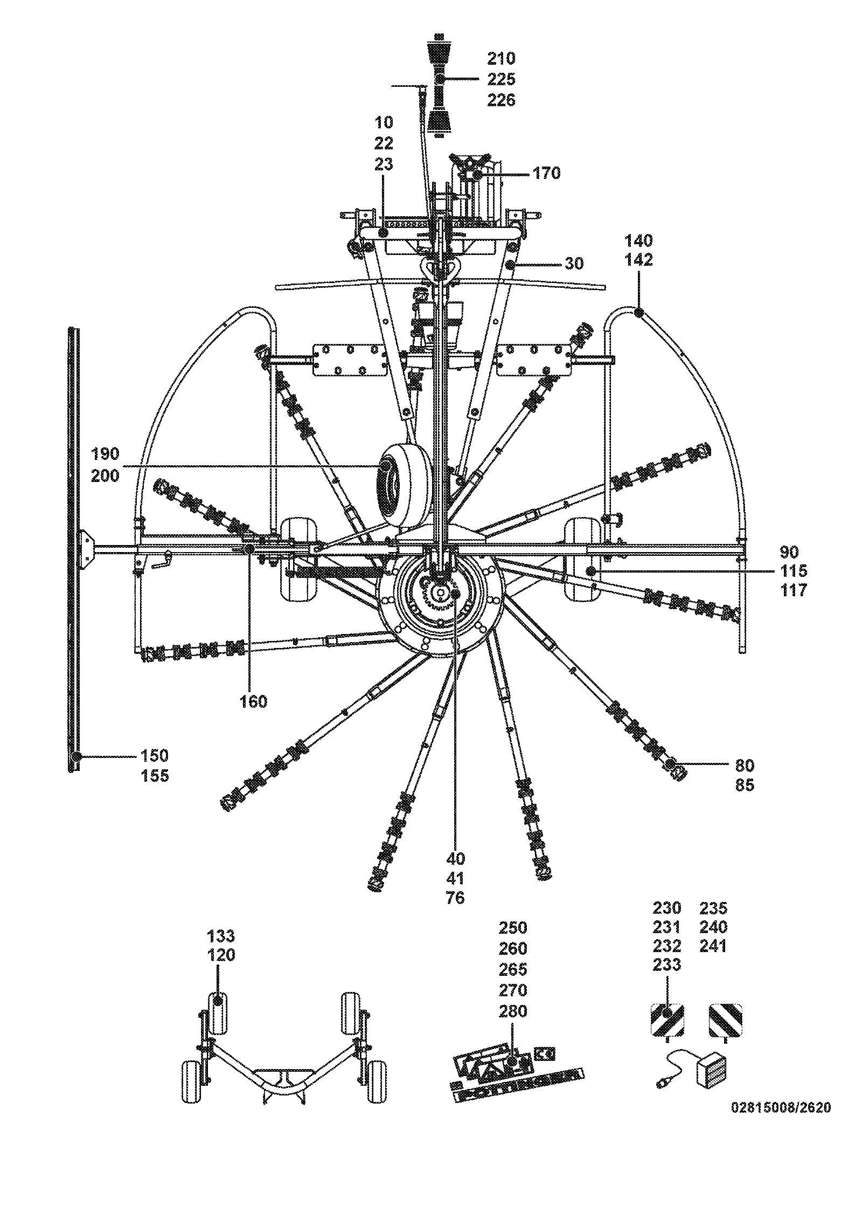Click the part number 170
coord(546,173)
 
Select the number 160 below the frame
coord(253,701)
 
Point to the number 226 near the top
coord(501,100)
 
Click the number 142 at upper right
coord(638,260)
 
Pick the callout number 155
coord(155,776)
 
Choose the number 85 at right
coord(745,785)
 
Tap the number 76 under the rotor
coord(455,898)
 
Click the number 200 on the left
coord(105,476)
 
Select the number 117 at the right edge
coord(794,590)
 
